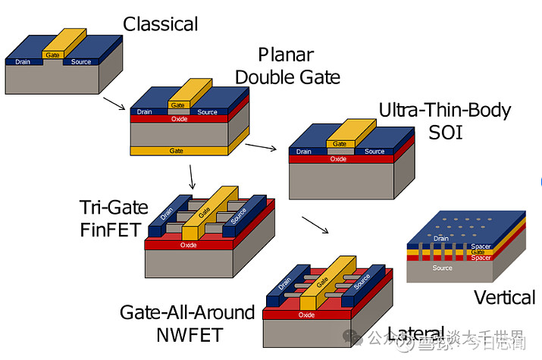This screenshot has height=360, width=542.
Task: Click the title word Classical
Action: tap(160, 24)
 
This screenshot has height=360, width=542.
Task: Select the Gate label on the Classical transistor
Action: tap(52, 55)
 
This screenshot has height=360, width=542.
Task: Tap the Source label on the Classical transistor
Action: tap(81, 61)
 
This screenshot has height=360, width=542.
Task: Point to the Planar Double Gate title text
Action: tap(287, 65)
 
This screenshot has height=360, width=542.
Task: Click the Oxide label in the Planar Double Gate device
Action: tap(179, 119)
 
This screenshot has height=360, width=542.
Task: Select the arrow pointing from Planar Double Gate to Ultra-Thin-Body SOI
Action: tap(262, 147)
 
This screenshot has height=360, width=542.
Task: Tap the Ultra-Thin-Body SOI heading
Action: tap(445, 120)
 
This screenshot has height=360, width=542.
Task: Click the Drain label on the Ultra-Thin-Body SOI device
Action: tap(303, 152)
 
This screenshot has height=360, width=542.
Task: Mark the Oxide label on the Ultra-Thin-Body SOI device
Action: tap(339, 159)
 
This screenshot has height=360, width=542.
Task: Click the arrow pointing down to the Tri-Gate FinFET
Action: tap(192, 177)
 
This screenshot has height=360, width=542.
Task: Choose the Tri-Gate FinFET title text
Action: tap(111, 218)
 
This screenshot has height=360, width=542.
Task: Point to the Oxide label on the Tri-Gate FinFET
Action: tap(189, 245)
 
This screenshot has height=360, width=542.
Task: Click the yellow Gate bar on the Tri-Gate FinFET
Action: tap(205, 212)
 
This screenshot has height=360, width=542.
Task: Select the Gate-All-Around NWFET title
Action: tap(188, 322)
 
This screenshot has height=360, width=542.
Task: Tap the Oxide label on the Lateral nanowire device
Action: tap(307, 315)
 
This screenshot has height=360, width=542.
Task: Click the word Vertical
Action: tap(504, 297)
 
